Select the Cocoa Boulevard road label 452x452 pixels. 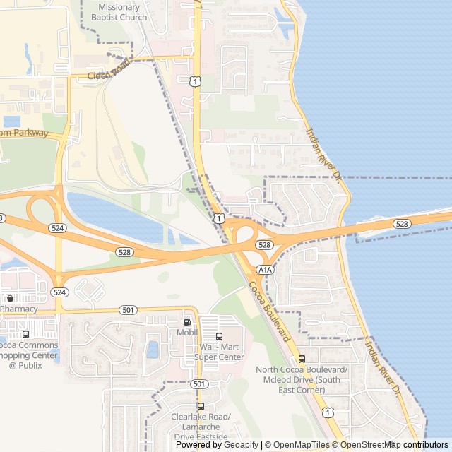point(270,311)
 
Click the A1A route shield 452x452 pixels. point(265,270)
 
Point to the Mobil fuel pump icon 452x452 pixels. point(187,322)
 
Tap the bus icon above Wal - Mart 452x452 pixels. point(219,336)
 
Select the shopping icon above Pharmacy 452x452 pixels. point(10,299)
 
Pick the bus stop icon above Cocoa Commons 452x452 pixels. point(26,334)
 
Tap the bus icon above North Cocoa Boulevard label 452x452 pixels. point(302,359)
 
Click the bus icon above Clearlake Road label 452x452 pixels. point(201,406)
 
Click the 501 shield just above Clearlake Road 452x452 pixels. point(200,383)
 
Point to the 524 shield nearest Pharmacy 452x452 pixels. point(59,292)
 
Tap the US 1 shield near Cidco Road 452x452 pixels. point(196,82)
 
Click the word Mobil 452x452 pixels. point(187,333)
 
